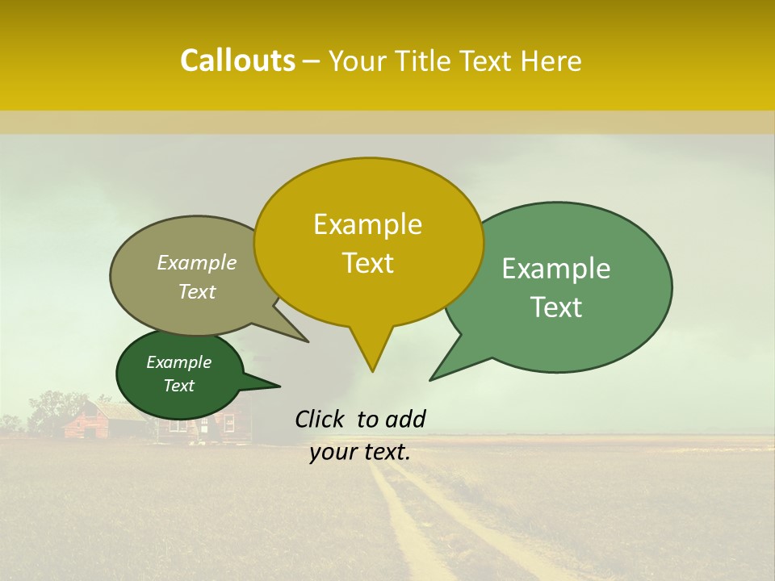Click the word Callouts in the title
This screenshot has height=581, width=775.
click(237, 61)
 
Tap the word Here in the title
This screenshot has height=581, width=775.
click(551, 61)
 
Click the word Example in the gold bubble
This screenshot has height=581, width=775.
click(367, 224)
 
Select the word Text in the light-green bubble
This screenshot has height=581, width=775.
click(556, 307)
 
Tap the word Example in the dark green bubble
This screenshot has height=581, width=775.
click(178, 362)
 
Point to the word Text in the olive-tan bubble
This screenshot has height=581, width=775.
click(197, 292)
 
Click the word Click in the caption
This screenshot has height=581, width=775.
click(320, 419)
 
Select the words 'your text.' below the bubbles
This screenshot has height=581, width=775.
click(360, 452)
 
